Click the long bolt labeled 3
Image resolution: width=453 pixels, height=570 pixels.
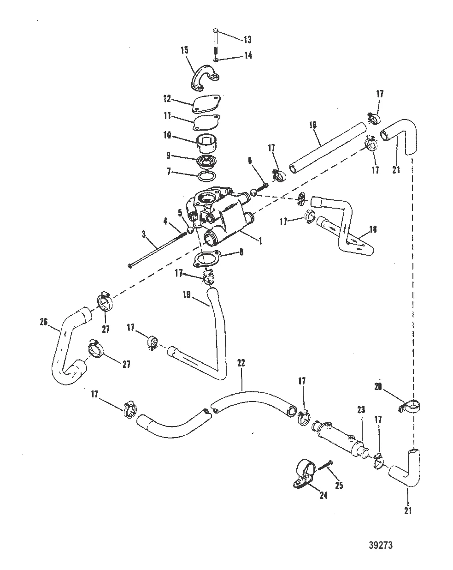click(x=152, y=250)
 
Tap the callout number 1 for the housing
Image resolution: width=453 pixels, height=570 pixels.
click(x=260, y=240)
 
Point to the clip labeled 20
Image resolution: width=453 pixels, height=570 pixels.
click(x=412, y=407)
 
